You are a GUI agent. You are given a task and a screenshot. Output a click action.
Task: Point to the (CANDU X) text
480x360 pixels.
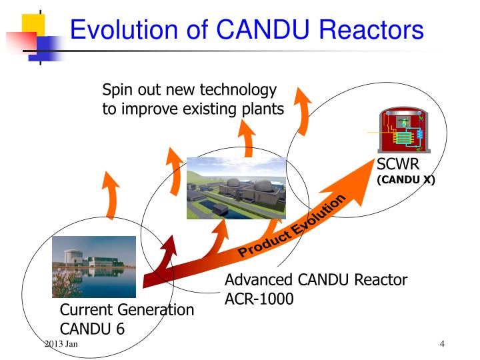coord(406,179)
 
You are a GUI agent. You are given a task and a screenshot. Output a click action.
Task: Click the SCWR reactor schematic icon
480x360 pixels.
coord(402,131)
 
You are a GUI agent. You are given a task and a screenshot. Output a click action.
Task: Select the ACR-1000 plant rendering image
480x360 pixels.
coord(237,188)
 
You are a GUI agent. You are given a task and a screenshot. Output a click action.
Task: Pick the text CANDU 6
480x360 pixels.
coord(93,329)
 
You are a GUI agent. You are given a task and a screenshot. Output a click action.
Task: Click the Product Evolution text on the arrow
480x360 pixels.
coord(293,225)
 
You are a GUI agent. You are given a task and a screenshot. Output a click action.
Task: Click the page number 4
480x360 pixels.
coord(442,343)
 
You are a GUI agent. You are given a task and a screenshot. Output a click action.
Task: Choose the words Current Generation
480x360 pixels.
coord(127,310)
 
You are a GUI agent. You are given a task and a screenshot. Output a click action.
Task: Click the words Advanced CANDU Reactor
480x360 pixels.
coord(315,280)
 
